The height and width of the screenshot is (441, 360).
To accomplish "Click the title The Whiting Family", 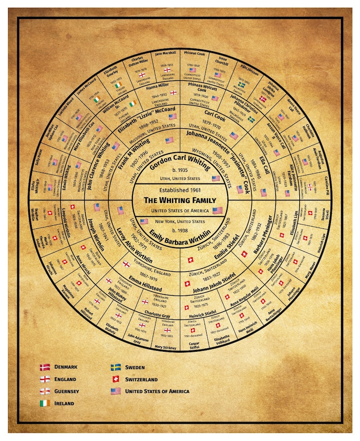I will click(180, 200).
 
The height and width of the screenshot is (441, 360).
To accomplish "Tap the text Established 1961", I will click(180, 190).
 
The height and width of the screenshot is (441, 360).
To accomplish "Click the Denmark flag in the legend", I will click(45, 367).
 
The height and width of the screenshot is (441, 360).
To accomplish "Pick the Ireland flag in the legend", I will click(45, 403).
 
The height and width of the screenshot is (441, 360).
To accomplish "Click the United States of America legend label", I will click(157, 391).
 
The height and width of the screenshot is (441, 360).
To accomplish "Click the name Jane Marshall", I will click(165, 54).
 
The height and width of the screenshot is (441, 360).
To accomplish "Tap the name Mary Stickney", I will click(165, 347).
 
